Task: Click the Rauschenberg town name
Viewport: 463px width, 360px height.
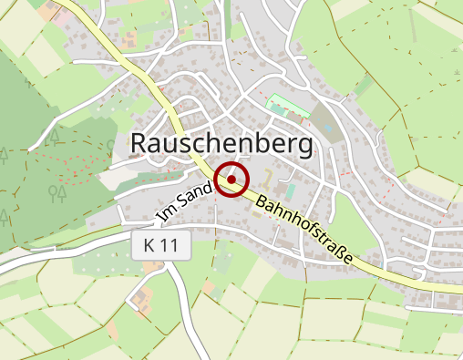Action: click(221, 143)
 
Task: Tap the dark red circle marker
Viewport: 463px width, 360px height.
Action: click(231, 179)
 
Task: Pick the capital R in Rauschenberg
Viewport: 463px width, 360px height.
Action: click(141, 143)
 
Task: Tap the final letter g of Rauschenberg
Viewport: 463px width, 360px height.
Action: click(303, 146)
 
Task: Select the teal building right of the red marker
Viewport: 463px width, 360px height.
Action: click(290, 191)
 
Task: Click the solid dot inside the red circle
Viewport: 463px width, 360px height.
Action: click(231, 179)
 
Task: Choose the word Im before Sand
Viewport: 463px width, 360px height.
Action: click(165, 214)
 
